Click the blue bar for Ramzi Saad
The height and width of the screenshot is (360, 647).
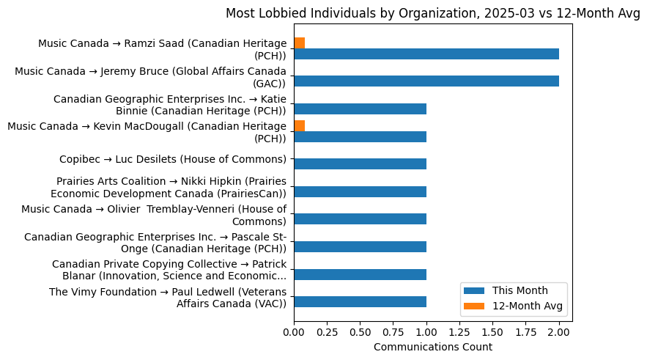tap(426, 54)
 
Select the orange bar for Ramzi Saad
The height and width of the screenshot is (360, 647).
tap(299, 43)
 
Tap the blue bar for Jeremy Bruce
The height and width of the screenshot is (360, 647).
tap(426, 81)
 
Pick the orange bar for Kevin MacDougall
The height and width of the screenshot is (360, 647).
tap(299, 125)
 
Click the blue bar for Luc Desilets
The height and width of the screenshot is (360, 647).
tap(360, 164)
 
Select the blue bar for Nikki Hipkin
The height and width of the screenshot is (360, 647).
tap(360, 192)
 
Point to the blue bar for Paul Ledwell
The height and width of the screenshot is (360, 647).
tap(360, 302)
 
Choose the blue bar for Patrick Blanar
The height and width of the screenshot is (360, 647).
tap(360, 275)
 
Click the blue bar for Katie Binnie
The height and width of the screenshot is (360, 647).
tap(360, 109)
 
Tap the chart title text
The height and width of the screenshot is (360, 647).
tap(432, 13)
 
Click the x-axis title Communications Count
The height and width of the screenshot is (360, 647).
tap(432, 347)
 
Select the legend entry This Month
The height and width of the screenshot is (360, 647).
tap(520, 290)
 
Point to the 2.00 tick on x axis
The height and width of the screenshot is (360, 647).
tap(559, 331)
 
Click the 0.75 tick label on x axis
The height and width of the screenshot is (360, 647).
tap(393, 331)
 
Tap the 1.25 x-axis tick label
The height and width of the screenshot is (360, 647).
tap(459, 331)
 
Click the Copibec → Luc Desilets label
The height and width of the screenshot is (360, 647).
tap(172, 159)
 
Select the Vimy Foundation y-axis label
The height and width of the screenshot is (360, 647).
tap(168, 298)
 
